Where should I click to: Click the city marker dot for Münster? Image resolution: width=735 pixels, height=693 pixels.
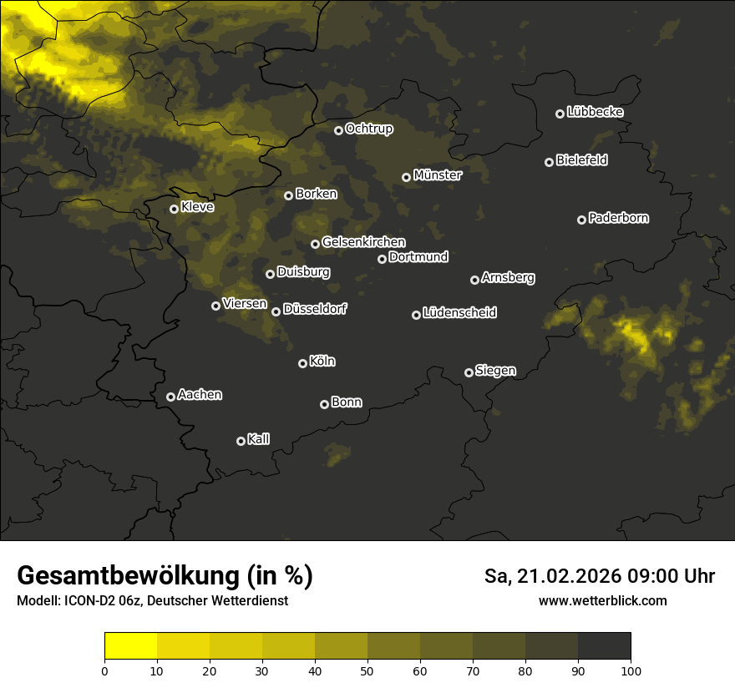coord(406,177)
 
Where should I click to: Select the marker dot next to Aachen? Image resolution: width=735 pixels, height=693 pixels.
coord(170,397)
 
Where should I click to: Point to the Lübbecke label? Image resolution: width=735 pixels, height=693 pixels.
coord(595,112)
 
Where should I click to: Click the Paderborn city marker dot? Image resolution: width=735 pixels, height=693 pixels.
coord(581,220)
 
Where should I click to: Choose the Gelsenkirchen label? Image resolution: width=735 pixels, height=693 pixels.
coord(363,242)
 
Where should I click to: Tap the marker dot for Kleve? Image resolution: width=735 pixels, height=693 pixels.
coord(174,209)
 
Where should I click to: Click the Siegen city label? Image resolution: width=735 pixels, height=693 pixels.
coord(495,371)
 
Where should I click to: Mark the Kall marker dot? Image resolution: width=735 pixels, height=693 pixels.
coord(241,441)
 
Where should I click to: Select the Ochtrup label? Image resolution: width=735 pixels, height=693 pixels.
coord(368,129)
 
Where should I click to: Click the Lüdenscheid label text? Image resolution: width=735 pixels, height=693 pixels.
coord(459,313)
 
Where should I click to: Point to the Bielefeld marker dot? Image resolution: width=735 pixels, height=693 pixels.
coord(549,162)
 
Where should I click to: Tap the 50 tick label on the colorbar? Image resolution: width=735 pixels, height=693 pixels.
coord(367,670)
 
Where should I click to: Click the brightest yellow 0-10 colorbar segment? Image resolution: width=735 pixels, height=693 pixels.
coord(130,646)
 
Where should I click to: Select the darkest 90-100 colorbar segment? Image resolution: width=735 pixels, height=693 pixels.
coord(604,646)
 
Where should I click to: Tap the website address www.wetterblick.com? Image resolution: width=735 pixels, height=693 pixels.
coord(602,600)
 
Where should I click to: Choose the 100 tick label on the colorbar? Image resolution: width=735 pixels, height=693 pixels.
coord(631,670)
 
